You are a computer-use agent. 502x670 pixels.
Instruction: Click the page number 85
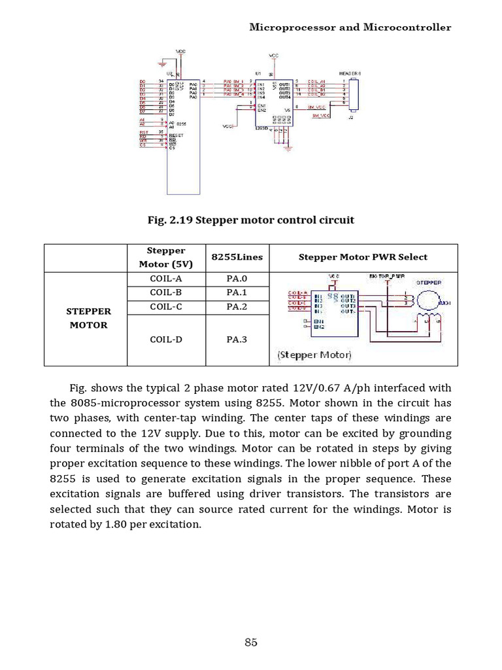click(251, 642)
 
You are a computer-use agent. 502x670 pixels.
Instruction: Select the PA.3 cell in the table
click(237, 340)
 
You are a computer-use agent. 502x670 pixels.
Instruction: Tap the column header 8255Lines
click(237, 257)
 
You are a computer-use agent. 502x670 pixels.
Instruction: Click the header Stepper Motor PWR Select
click(363, 257)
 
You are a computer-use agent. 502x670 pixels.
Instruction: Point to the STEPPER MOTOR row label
click(88, 318)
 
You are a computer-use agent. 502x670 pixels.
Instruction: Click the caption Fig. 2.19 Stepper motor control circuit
click(251, 220)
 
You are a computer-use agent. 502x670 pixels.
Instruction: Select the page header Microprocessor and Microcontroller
click(350, 27)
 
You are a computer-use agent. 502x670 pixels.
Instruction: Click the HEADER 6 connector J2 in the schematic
click(354, 92)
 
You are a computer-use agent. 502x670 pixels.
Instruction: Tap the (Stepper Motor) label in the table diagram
click(314, 355)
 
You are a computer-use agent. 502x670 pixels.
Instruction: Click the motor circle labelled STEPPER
click(428, 299)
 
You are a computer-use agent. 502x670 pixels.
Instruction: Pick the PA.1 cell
click(237, 292)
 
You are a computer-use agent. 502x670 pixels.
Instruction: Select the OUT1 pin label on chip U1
click(285, 84)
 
